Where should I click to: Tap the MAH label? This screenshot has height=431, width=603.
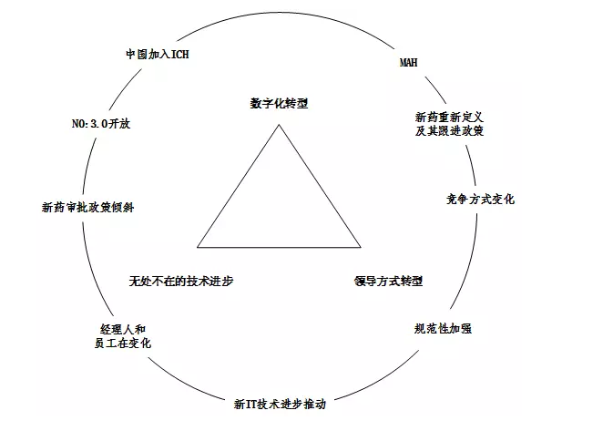coord(409,62)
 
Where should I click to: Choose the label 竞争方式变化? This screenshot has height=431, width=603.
coord(480,199)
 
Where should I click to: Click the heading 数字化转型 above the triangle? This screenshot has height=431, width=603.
coord(280,104)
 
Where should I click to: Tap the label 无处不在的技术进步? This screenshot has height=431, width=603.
coord(181,281)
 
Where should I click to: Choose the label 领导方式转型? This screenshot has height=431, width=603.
coord(388,281)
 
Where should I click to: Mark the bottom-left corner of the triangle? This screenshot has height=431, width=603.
coord(198,246)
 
